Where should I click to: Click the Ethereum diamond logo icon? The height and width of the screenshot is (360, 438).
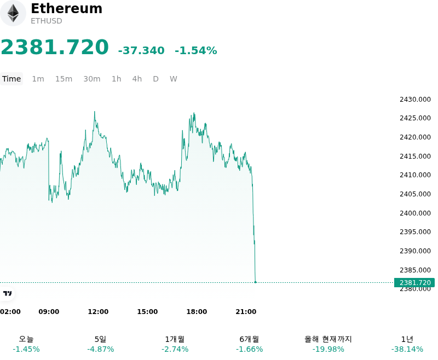click(x=13, y=13)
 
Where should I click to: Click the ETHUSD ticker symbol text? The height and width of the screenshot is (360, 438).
click(x=47, y=21)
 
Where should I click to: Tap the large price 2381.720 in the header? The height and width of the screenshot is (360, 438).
click(x=55, y=47)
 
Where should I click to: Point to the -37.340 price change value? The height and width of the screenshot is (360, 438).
click(x=141, y=50)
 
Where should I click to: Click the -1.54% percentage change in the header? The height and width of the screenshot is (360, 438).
click(x=196, y=50)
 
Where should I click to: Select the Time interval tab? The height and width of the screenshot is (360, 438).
click(x=11, y=79)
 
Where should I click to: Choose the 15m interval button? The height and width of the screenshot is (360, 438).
click(x=64, y=79)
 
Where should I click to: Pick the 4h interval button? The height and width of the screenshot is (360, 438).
click(x=137, y=79)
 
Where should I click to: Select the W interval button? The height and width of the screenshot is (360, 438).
click(x=174, y=79)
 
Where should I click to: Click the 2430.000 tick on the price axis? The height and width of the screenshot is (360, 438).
click(x=415, y=100)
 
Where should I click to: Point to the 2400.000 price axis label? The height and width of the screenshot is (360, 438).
click(x=415, y=213)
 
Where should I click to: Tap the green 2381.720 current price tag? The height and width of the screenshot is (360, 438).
click(x=414, y=282)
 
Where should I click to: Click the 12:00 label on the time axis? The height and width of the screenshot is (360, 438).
click(x=98, y=311)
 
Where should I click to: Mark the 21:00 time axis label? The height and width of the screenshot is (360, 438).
click(x=246, y=311)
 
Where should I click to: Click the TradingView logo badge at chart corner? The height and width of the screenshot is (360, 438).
click(x=7, y=293)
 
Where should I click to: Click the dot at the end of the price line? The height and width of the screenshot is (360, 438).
click(x=255, y=282)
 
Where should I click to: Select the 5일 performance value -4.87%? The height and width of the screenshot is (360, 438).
click(x=101, y=349)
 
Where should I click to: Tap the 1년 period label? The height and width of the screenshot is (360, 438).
click(x=407, y=339)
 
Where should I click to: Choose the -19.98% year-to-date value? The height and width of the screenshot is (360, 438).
click(x=328, y=349)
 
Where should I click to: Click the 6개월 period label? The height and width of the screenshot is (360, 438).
click(x=249, y=339)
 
